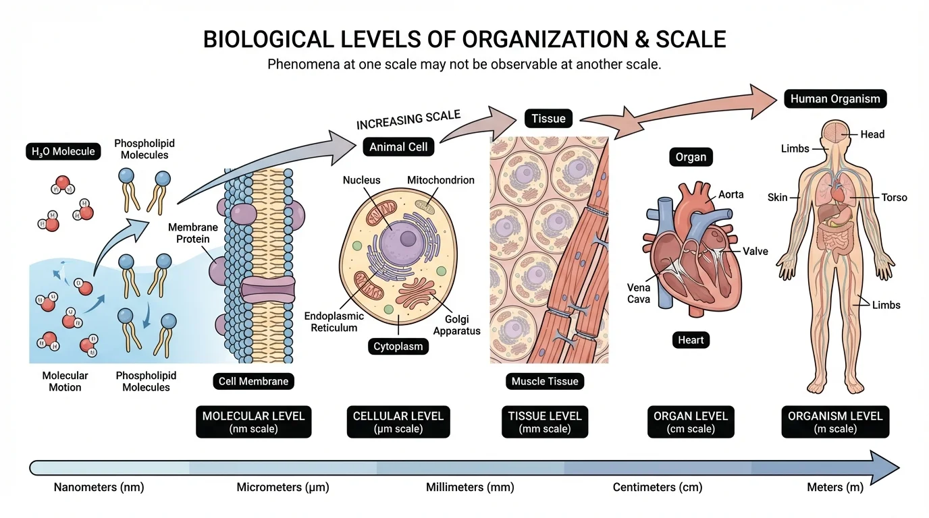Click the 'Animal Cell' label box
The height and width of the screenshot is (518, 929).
click(x=398, y=147)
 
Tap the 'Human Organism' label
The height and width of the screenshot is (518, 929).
click(x=835, y=99)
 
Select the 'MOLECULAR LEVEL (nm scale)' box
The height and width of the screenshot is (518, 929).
click(x=253, y=422)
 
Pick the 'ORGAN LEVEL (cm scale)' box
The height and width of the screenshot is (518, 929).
click(x=691, y=422)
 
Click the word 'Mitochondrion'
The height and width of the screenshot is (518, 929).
click(x=440, y=180)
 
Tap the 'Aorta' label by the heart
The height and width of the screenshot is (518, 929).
click(x=731, y=194)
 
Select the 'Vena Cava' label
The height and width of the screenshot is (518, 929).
click(x=639, y=293)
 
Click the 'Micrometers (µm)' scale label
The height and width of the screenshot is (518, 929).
click(x=283, y=487)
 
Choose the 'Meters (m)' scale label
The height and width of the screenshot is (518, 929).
click(x=835, y=487)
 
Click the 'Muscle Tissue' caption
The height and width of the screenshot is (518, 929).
click(x=545, y=381)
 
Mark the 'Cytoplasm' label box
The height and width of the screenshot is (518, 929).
click(x=399, y=347)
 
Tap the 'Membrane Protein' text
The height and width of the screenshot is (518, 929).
click(x=193, y=233)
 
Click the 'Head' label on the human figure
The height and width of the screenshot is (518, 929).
click(x=872, y=134)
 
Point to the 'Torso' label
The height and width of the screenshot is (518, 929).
click(x=894, y=198)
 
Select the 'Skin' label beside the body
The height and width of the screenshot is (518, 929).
click(x=778, y=198)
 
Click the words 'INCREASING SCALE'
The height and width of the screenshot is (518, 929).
click(x=408, y=120)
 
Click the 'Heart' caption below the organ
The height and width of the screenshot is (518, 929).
click(x=691, y=340)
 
